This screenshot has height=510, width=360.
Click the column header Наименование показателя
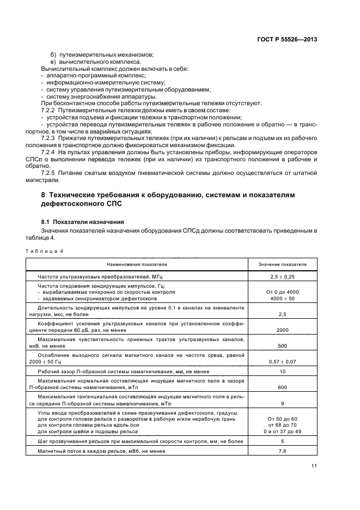pos(137,264)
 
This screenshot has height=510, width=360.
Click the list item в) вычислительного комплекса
pos(88,62)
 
